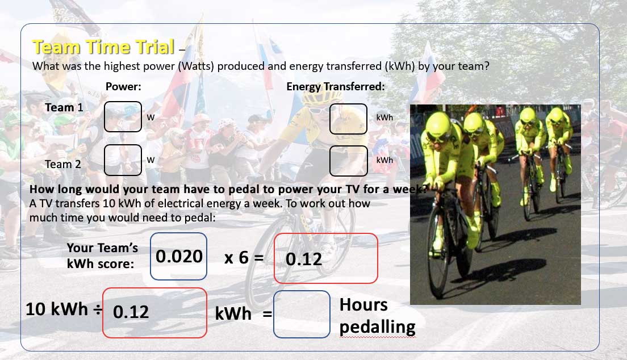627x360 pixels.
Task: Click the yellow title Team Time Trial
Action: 103,47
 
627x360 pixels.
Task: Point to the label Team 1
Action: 64,107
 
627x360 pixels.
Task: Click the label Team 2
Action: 63,164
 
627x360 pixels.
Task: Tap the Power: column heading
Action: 123,86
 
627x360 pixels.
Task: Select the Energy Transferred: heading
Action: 336,86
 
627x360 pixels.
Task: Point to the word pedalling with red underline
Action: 378,327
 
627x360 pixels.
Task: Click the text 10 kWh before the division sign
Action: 57,309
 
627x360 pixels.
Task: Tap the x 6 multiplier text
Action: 236,258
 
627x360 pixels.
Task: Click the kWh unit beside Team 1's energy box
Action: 384,118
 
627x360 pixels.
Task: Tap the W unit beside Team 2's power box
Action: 151,160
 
